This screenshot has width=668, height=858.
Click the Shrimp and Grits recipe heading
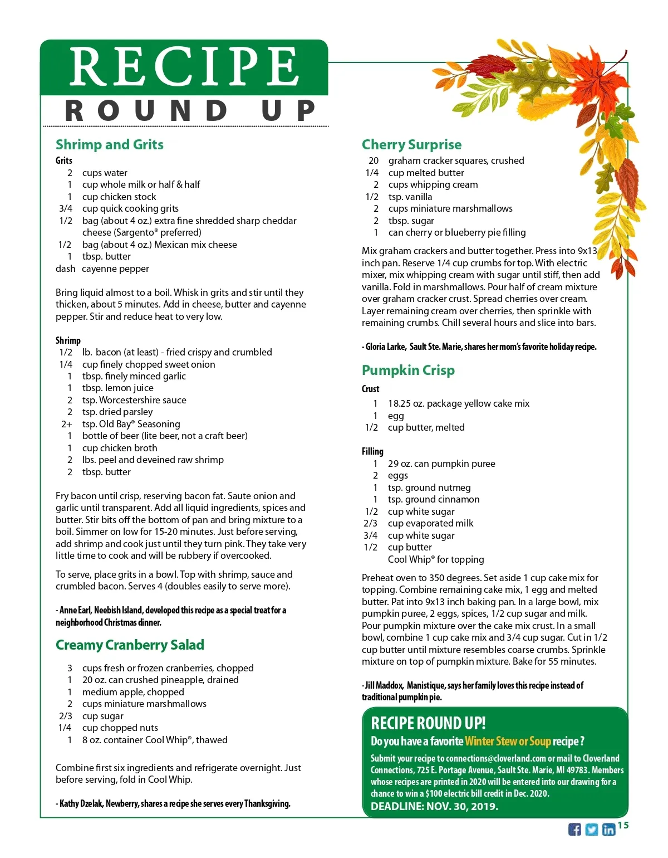pos(110,145)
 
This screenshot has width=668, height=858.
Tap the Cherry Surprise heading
pos(411,145)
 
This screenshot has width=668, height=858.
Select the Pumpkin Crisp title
pos(408,370)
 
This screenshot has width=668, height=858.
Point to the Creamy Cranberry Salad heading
pos(130,645)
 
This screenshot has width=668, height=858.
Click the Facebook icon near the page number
pos(574,829)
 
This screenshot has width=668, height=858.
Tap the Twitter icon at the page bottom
pos(592,829)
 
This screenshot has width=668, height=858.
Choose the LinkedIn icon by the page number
pos(608,829)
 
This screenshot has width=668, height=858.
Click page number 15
pos(623,825)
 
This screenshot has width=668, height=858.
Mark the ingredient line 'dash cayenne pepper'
pos(102,269)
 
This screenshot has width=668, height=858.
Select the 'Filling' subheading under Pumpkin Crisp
pos(372,451)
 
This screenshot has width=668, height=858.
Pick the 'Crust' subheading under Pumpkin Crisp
pos(370,389)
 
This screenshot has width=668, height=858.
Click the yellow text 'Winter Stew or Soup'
pos(508,741)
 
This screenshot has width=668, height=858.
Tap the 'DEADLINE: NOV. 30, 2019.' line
pos(434,806)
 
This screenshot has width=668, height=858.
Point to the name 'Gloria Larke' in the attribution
pos(386,347)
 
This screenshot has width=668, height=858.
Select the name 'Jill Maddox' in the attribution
pos(384,685)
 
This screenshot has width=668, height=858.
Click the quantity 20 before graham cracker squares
pos(374,160)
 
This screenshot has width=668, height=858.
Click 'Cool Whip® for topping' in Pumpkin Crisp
pos(436,559)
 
